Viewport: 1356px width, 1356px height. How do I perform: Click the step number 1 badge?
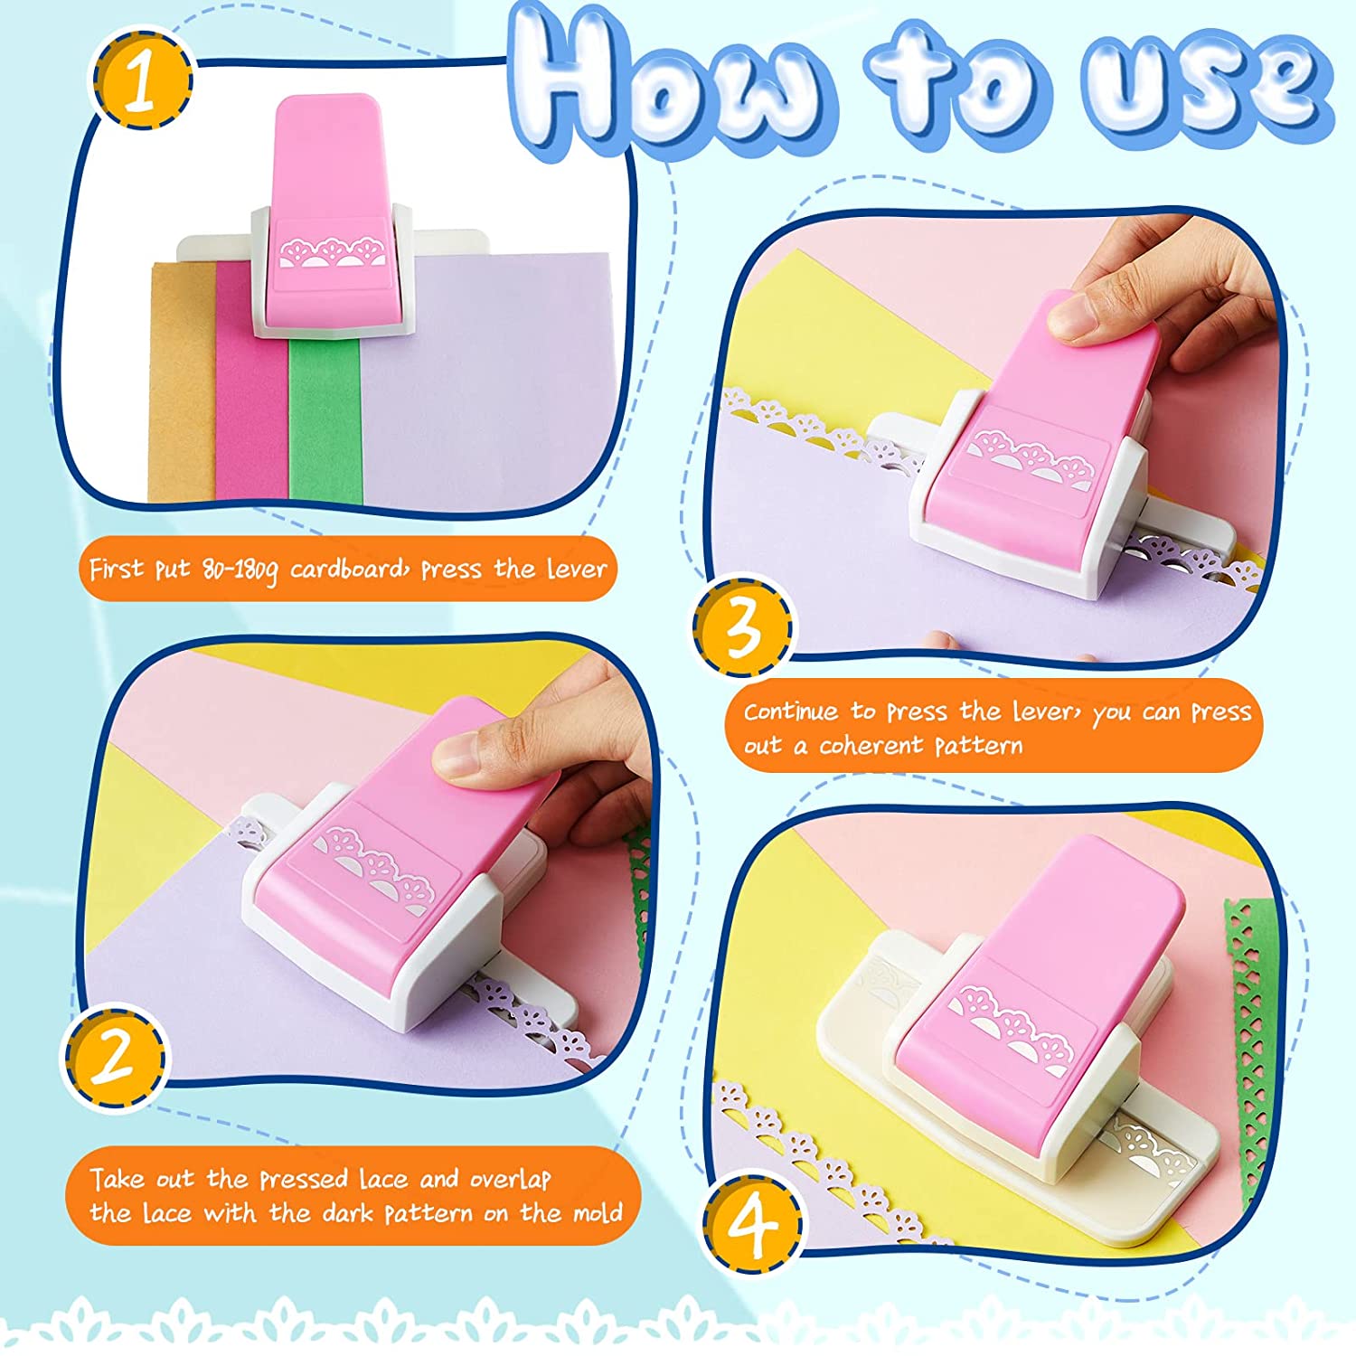tap(140, 80)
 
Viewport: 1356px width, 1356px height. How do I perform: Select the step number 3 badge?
tap(743, 626)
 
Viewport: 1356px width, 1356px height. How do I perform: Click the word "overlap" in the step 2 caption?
tap(510, 1179)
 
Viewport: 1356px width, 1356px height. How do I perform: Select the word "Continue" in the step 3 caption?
tap(791, 712)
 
